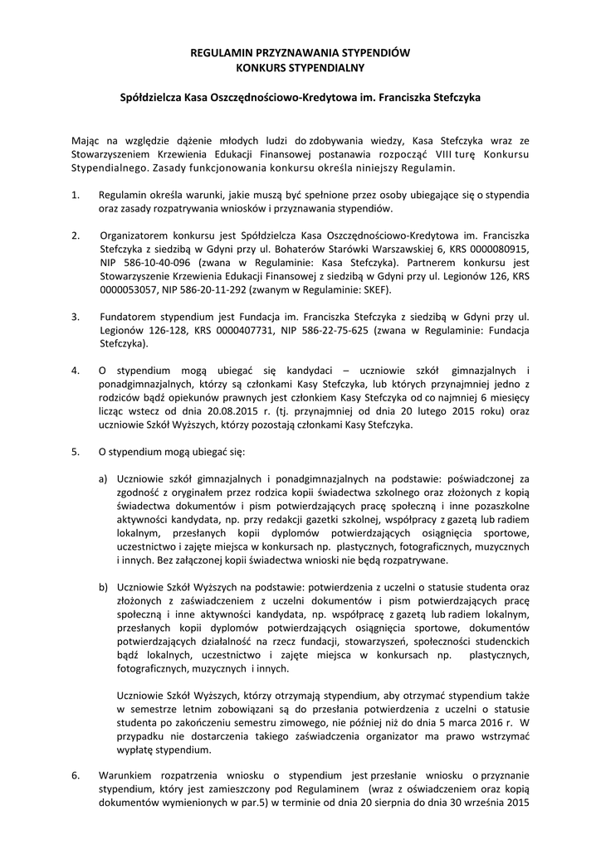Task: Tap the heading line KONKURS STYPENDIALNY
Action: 300,65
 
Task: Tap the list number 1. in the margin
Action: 76,195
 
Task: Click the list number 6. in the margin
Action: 76,776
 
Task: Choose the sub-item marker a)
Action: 104,478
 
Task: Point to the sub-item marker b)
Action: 104,587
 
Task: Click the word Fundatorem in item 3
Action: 126,317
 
